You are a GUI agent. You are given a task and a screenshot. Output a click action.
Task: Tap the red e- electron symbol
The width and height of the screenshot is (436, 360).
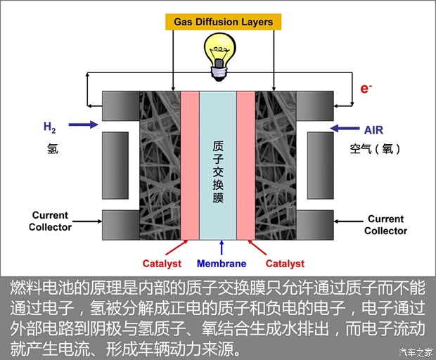coord(365,89)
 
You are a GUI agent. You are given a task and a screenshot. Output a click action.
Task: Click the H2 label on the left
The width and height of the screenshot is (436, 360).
coord(49,127)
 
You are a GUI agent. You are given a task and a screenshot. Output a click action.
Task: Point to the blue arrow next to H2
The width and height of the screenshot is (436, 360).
coord(84,124)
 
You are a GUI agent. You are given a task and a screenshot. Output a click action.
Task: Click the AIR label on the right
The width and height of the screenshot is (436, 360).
coord(373,130)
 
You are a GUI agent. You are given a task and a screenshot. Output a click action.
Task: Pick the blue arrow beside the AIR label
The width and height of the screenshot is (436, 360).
coord(344,129)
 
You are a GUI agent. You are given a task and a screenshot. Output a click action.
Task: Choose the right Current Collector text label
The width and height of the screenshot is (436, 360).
coord(385,225)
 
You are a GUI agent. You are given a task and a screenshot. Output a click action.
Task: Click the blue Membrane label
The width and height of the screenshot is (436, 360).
coord(222,264)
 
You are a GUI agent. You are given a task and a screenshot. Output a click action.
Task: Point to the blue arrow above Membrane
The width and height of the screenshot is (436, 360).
coord(222,247)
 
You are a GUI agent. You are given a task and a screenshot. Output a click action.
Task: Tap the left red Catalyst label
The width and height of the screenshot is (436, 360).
coord(162,264)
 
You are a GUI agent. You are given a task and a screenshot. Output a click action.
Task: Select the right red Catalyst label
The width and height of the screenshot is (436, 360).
coord(285,264)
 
